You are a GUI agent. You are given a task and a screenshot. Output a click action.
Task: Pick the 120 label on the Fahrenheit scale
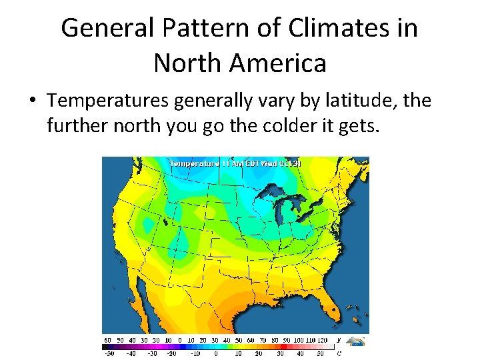324,340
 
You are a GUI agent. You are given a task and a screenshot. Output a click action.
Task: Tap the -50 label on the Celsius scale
108,353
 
